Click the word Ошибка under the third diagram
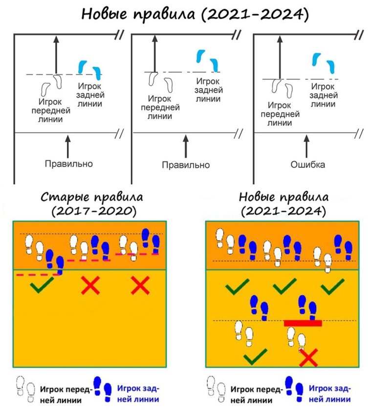click(307, 164)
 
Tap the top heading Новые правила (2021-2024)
click(195, 14)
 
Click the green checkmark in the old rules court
click(42, 285)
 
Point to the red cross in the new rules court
click(308, 357)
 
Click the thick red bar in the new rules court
click(303, 323)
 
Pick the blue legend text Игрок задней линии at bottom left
click(138, 394)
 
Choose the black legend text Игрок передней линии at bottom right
click(257, 394)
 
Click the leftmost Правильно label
click(69, 164)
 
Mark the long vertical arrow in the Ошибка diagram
click(280, 58)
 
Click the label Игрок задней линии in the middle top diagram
click(208, 90)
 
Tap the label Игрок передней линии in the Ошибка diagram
click(280, 114)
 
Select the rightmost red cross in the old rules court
click(140, 285)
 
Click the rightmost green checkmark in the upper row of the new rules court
click(332, 287)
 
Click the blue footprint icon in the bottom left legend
click(103, 389)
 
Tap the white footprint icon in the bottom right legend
click(216, 389)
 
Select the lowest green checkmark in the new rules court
click(255, 356)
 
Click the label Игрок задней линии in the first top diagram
click(90, 95)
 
